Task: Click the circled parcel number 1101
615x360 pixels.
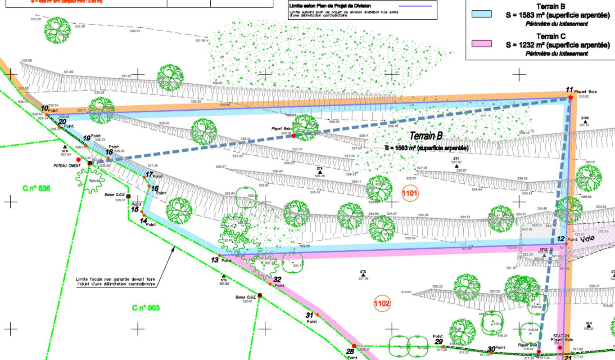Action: pyautogui.click(x=410, y=193)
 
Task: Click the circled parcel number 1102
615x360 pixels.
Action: pyautogui.click(x=382, y=304)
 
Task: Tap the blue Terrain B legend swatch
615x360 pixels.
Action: pyautogui.click(x=481, y=14)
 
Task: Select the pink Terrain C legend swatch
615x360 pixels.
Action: pyautogui.click(x=481, y=44)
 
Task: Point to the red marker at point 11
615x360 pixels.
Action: pyautogui.click(x=570, y=97)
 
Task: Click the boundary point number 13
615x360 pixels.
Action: pyautogui.click(x=214, y=260)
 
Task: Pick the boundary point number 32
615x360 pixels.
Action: pyautogui.click(x=277, y=279)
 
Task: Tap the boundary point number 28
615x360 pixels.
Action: pyautogui.click(x=350, y=351)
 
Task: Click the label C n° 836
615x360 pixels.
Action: pyautogui.click(x=36, y=188)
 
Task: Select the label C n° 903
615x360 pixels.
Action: pyautogui.click(x=146, y=308)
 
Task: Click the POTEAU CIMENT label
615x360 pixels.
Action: pyautogui.click(x=67, y=166)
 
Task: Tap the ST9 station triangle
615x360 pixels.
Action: pyautogui.click(x=320, y=172)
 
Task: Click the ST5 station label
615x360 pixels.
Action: pyautogui.click(x=363, y=272)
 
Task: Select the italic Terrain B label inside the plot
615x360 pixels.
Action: pyautogui.click(x=426, y=136)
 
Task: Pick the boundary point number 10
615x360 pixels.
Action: pyautogui.click(x=45, y=108)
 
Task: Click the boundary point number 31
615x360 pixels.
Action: pyautogui.click(x=309, y=315)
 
